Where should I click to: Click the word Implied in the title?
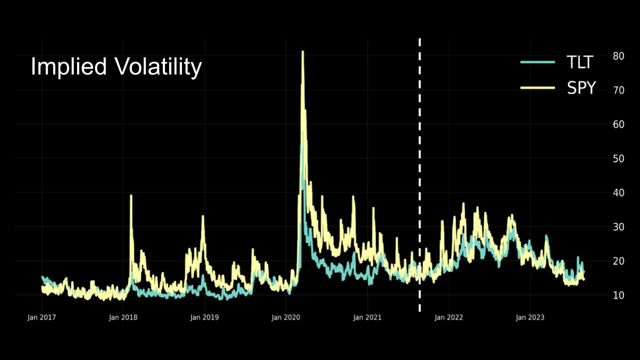[x=69, y=67]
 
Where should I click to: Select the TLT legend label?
[x=579, y=62]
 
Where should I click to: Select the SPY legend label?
[x=581, y=88]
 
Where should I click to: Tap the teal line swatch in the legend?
[x=537, y=62]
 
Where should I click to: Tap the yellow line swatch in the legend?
[x=537, y=88]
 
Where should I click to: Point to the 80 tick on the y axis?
[x=618, y=56]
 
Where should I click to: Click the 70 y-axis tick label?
[x=618, y=90]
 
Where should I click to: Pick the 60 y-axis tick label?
[x=618, y=124]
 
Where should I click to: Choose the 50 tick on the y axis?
[x=618, y=158]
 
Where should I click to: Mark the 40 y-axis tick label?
[x=618, y=192]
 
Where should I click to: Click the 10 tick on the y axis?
[x=618, y=295]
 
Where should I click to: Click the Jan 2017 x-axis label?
[x=41, y=317]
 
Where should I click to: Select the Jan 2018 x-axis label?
[x=123, y=317]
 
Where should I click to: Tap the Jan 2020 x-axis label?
[x=286, y=317]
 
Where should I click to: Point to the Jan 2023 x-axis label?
[x=530, y=317]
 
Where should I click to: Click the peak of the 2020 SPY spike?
[x=302, y=52]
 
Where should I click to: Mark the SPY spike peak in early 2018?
[x=131, y=196]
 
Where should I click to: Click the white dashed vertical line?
[x=419, y=175]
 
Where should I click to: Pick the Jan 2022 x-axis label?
[x=448, y=317]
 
